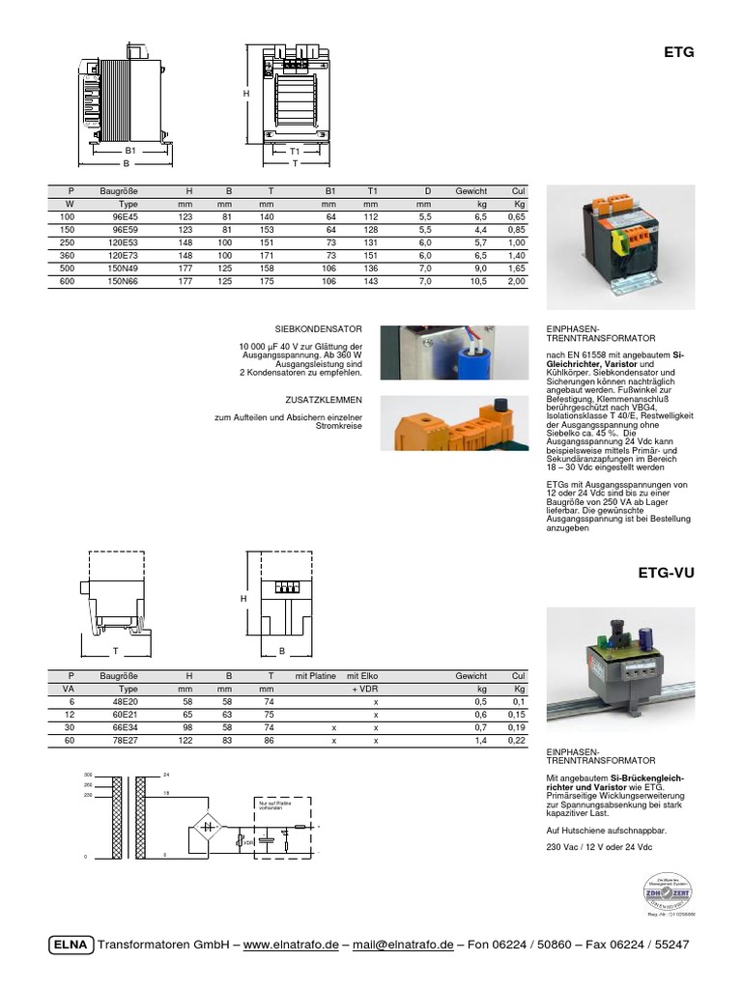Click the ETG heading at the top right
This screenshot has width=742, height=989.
click(679, 54)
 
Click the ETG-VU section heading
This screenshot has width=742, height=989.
click(667, 573)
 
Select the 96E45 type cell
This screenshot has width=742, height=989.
click(127, 217)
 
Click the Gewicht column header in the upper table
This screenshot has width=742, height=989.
click(471, 191)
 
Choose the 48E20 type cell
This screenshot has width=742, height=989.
click(128, 701)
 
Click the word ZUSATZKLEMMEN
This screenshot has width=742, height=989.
click(330, 399)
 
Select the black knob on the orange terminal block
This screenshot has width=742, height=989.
click(501, 404)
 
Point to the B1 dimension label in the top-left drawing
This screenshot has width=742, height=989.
click(129, 151)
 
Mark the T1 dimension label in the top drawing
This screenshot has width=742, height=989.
click(295, 152)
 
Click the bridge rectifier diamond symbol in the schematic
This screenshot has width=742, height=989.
click(206, 827)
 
